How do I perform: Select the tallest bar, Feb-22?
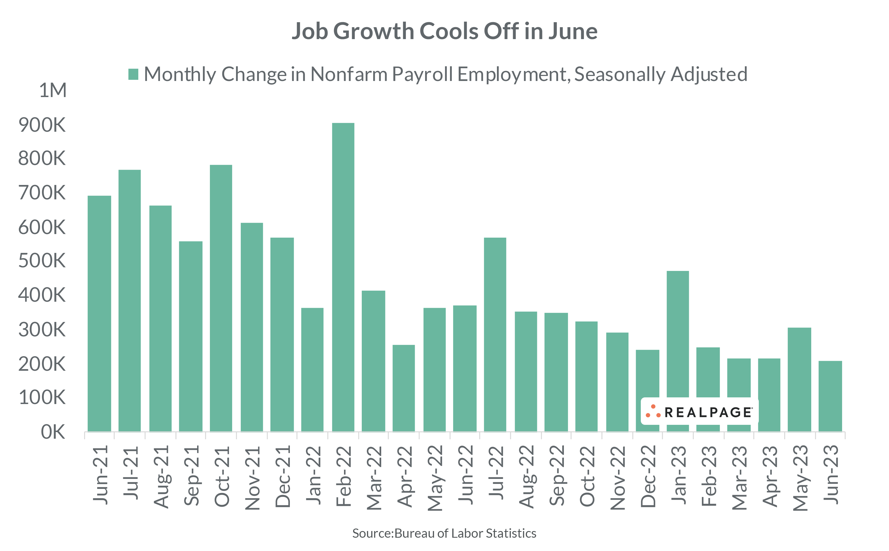(x=343, y=277)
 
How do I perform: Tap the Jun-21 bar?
(x=99, y=313)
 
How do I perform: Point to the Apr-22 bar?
(x=403, y=388)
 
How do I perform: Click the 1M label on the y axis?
(x=53, y=90)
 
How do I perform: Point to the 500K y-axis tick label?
(x=42, y=261)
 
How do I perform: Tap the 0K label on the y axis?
(x=53, y=432)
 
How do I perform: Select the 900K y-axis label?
(x=42, y=125)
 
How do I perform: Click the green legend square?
(x=133, y=74)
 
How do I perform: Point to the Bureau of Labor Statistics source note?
(x=444, y=534)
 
